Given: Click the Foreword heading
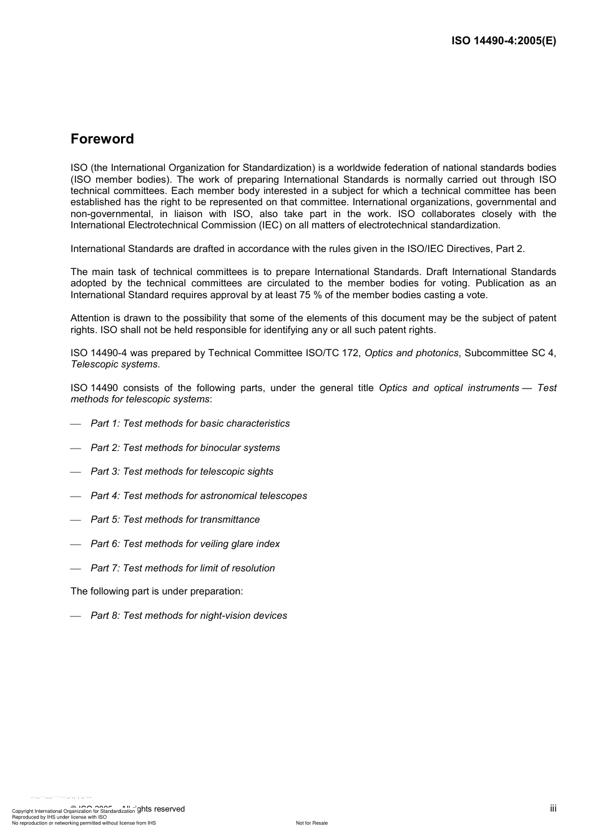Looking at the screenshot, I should tap(102, 139).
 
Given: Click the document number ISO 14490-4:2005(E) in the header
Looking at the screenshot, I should tap(503, 41).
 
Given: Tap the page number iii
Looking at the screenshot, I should tap(552, 808).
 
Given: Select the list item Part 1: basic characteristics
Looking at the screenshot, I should tap(190, 424).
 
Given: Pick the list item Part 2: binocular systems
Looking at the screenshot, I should tap(185, 448).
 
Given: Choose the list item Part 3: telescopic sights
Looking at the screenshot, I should tap(182, 472).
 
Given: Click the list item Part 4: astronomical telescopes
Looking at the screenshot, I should tap(198, 496).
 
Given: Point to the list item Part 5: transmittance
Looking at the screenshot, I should tap(175, 520).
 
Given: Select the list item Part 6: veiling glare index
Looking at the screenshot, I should tap(185, 544).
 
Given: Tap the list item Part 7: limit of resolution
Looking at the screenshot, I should tap(182, 568).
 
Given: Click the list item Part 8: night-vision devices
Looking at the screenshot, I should tap(189, 616).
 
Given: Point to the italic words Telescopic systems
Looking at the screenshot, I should tap(114, 364).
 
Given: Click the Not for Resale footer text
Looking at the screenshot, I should tap(311, 823).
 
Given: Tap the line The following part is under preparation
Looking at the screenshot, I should tap(157, 591).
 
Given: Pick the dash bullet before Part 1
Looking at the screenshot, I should tap(76, 424).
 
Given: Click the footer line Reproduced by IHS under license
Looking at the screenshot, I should tap(59, 817).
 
